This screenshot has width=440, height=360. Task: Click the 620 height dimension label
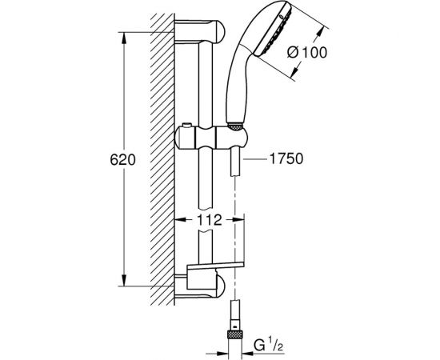tap(122, 160)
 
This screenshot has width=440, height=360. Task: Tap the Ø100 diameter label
tap(307, 53)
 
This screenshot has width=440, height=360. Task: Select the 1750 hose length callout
tap(286, 159)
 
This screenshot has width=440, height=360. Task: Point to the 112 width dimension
tap(209, 220)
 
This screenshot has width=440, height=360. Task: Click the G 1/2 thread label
tap(268, 345)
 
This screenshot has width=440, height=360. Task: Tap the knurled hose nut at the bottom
tap(234, 335)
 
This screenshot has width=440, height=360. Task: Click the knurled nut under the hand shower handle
tap(234, 126)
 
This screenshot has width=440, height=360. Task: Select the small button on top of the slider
tap(186, 125)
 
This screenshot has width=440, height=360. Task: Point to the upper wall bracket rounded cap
tap(220, 31)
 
